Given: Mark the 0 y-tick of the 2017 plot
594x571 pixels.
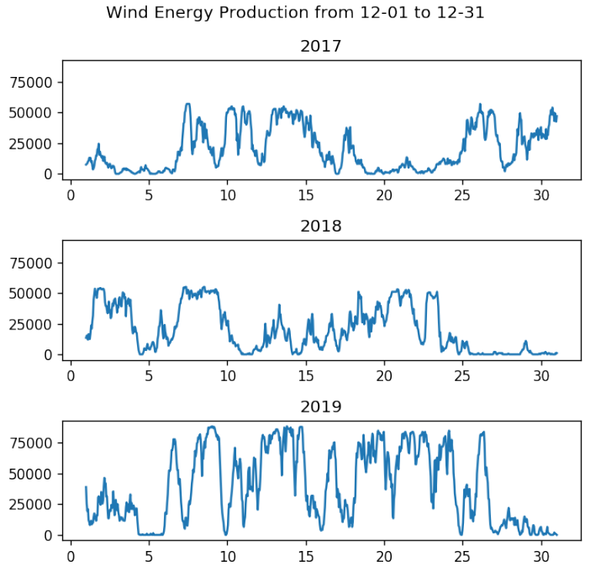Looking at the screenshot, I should point(52,174).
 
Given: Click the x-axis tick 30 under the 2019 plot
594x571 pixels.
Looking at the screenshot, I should point(540,555).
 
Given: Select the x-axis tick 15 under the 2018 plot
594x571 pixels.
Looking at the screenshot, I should point(305,375).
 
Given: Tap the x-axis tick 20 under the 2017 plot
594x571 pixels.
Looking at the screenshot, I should point(384,195).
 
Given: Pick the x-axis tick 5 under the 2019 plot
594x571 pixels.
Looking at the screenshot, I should point(148,555).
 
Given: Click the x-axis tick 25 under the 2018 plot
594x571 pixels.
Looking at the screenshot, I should point(462,375).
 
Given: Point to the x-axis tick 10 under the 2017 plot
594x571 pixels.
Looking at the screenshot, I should point(227,195).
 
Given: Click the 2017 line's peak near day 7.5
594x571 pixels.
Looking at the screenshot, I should point(187,104).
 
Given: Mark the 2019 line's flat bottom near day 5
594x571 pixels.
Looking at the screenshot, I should point(150,534).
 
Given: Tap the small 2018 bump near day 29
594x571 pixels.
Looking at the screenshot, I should point(526,342).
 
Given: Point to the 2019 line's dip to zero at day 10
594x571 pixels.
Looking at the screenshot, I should point(226,534).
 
